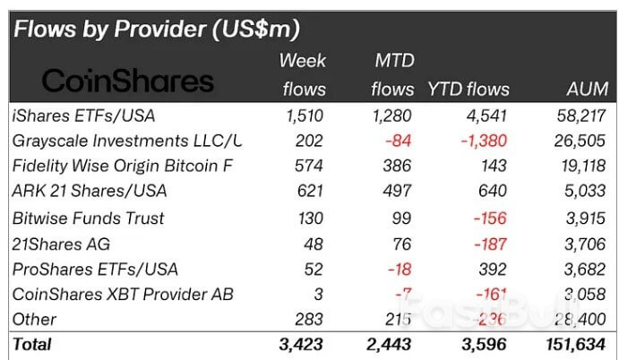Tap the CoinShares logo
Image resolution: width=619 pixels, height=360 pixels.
[128, 81]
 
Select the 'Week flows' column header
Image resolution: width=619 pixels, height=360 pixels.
[302, 75]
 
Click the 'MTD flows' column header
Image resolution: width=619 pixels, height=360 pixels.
[391, 75]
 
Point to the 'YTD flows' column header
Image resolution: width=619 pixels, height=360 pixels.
[468, 90]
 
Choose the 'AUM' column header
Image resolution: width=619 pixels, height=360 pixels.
[587, 90]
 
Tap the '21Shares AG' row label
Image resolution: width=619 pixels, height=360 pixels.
[56, 244]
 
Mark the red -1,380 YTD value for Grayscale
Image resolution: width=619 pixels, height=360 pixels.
[484, 141]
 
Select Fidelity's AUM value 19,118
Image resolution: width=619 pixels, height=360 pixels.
[583, 166]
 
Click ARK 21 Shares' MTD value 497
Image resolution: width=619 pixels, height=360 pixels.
[399, 192]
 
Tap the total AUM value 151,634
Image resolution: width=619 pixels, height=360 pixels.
[577, 344]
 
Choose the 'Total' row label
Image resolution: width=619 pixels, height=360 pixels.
[32, 344]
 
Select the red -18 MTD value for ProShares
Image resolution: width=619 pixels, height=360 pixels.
[401, 269]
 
